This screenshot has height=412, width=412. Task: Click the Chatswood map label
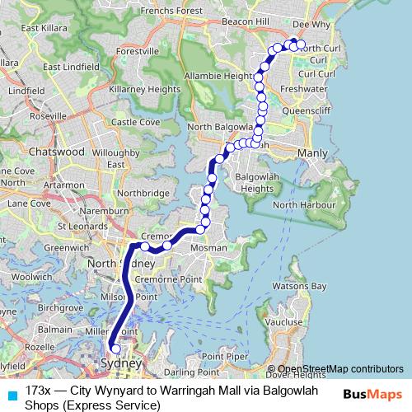(x=56, y=152)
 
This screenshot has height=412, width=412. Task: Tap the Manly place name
(x=312, y=153)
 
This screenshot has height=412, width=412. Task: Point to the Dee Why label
(x=310, y=25)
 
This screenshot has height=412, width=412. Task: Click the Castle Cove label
(x=136, y=122)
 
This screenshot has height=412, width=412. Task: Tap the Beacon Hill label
(x=246, y=20)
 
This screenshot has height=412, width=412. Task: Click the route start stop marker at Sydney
(x=115, y=349)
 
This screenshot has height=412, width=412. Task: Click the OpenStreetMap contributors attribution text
(x=339, y=369)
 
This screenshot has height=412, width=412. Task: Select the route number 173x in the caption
(x=38, y=389)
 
